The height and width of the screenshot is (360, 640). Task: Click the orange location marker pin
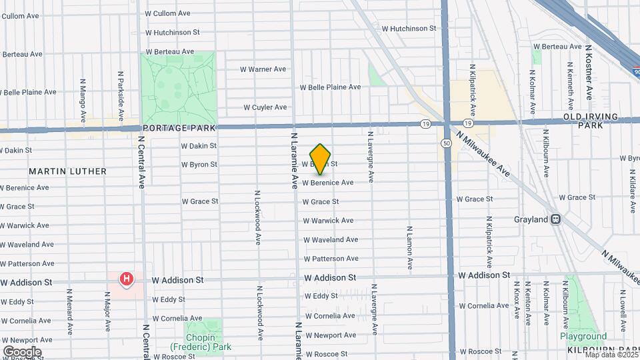click(320, 159)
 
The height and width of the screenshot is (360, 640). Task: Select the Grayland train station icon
click(555, 219)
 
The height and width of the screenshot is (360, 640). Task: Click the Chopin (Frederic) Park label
click(199, 343)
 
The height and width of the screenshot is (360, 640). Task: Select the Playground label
click(583, 337)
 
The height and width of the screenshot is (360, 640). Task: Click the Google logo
click(22, 351)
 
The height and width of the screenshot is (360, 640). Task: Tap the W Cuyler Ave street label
click(265, 107)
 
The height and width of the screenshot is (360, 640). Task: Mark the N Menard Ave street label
click(69, 311)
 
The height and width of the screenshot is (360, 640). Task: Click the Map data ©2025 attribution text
click(611, 354)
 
